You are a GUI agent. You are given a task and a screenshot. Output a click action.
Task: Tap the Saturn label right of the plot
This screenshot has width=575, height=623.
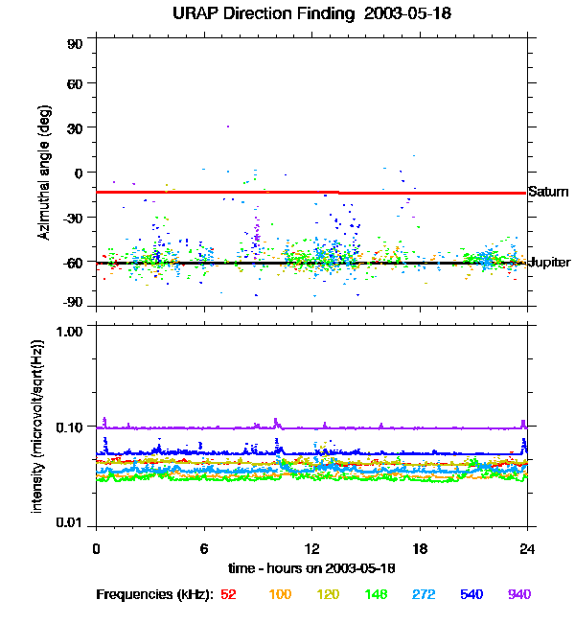coord(548,193)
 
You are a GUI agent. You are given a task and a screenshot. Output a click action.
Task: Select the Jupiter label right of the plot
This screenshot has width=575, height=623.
coord(550,263)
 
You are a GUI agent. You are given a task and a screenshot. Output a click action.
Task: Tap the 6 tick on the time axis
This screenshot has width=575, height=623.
coord(203,548)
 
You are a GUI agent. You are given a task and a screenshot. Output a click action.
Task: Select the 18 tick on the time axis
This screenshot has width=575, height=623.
coord(419,548)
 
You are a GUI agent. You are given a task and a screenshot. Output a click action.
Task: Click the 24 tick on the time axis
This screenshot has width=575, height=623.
coord(526,548)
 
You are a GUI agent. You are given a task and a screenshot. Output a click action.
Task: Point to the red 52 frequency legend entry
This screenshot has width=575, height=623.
coord(228,595)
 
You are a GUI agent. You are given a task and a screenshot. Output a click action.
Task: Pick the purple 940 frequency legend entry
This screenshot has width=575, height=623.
coord(518,595)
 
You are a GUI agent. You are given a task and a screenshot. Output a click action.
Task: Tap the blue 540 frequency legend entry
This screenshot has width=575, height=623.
coord(471,595)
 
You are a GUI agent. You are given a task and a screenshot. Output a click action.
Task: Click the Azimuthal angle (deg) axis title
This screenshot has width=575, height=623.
coord(43,173)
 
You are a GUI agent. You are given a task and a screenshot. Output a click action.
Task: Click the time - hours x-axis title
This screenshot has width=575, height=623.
coord(311,569)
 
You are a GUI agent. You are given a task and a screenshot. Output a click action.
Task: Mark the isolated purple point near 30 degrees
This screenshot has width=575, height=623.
coord(228,126)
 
